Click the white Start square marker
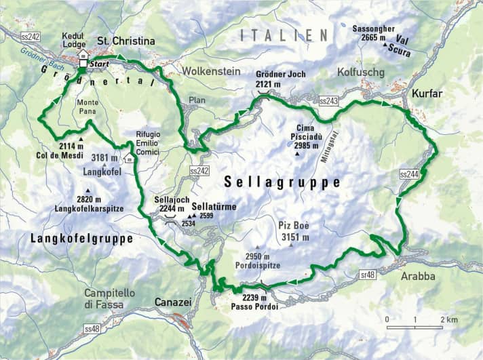coord(83,64)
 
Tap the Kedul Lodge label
coord(74,40)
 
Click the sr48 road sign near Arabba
coord(367,273)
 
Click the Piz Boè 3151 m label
coord(294,231)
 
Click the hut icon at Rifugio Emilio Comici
coord(128,159)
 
